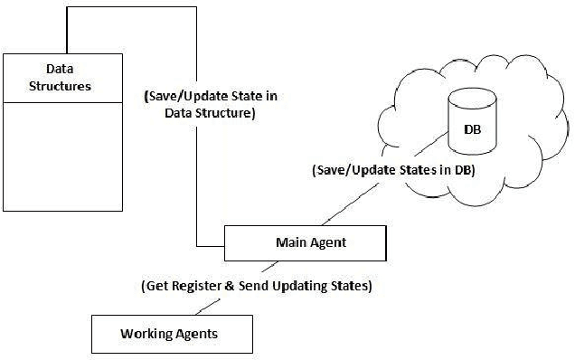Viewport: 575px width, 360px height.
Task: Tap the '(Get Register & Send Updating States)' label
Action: tap(257, 285)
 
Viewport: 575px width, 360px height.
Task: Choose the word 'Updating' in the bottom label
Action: tap(305, 285)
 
